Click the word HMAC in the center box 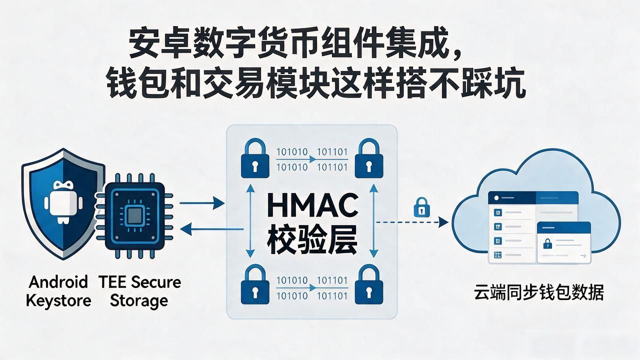click(312, 205)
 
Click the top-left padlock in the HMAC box click(255, 158)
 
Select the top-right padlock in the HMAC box click(369, 158)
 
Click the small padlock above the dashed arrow click(421, 207)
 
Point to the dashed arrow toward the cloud click(411, 222)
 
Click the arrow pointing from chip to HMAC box click(202, 203)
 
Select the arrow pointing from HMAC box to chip click(211, 229)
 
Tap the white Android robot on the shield click(63, 201)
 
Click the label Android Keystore click(58, 291)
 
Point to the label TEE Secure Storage click(139, 292)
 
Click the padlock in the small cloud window click(547, 243)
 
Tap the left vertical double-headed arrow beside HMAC click(250, 221)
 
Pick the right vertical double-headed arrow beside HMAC click(373, 221)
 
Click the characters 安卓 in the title click(159, 43)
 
